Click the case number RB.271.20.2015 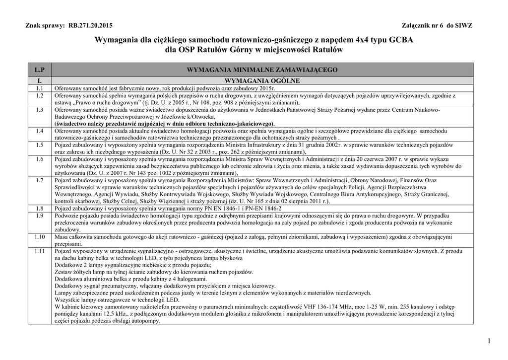click(90, 25)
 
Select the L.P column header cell click(40, 70)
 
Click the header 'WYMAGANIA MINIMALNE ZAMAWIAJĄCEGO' click(262, 70)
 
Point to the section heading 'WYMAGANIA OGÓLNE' click(262, 80)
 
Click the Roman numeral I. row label click(40, 80)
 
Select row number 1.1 click(40, 88)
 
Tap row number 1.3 click(40, 109)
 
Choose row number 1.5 click(40, 144)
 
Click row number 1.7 click(40, 180)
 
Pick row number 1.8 click(40, 209)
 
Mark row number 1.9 click(40, 216)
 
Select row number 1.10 click(40, 237)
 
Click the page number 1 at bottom click(489, 340)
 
